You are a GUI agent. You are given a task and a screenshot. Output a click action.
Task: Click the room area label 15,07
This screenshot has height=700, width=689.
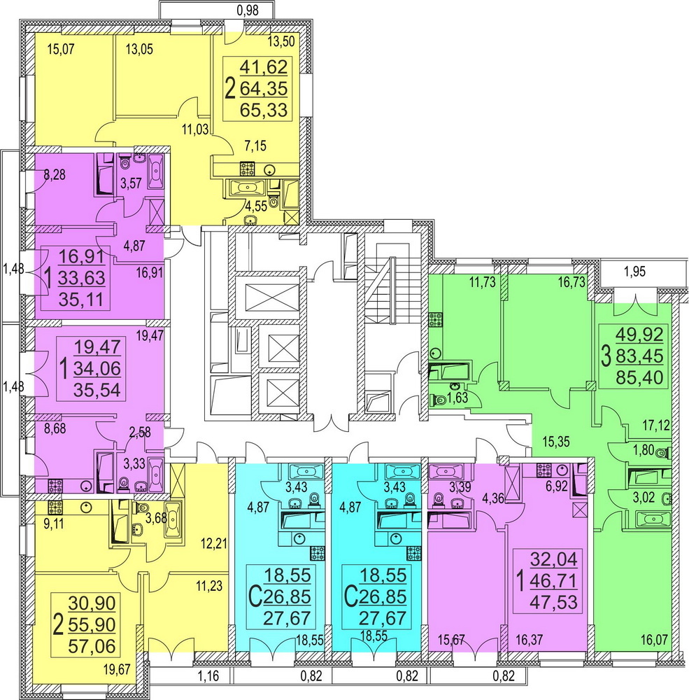click(61, 49)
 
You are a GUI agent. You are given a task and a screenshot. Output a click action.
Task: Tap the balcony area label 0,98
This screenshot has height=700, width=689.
click(248, 10)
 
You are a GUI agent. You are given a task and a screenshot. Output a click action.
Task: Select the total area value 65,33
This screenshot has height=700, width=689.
click(264, 109)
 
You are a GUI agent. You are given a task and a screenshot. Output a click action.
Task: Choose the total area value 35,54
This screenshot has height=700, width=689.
click(97, 390)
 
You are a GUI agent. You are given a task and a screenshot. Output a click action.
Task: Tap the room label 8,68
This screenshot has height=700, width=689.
click(55, 428)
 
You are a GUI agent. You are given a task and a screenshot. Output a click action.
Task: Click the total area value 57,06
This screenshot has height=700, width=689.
click(92, 645)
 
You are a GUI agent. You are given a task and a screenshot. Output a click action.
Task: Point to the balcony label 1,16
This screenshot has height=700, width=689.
click(208, 676)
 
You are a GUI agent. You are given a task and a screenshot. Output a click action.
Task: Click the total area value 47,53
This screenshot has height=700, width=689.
click(553, 602)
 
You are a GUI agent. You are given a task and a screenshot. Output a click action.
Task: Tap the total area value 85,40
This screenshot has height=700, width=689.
click(639, 378)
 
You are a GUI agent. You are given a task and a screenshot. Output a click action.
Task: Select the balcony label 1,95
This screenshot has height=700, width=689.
click(634, 272)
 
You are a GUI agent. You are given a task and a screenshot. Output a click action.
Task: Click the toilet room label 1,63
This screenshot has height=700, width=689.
click(457, 398)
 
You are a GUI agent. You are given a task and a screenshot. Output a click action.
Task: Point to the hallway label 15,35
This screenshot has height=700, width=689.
click(556, 442)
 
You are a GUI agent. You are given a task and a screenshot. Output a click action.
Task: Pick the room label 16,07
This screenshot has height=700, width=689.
click(654, 640)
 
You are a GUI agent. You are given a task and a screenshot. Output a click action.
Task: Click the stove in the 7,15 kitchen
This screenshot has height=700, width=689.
click(247, 168)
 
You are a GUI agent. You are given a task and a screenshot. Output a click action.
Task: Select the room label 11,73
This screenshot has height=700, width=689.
click(483, 282)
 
